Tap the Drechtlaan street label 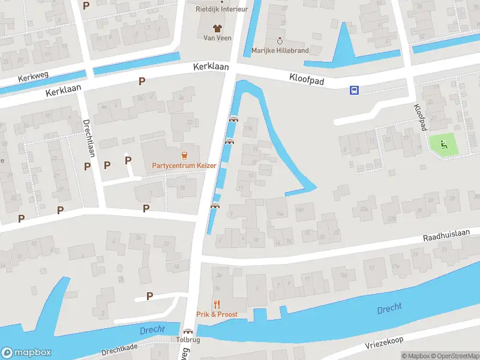88,136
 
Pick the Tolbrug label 188,340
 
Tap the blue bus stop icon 355,90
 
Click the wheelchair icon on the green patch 443,143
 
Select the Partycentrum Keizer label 184,166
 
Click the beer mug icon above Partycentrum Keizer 184,154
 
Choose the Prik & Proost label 217,314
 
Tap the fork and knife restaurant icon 217,304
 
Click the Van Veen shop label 217,38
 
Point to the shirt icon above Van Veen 217,27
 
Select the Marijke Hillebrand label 280,50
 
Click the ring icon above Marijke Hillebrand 280,40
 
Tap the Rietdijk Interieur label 221,8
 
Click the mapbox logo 25,352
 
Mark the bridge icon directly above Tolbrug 188,331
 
